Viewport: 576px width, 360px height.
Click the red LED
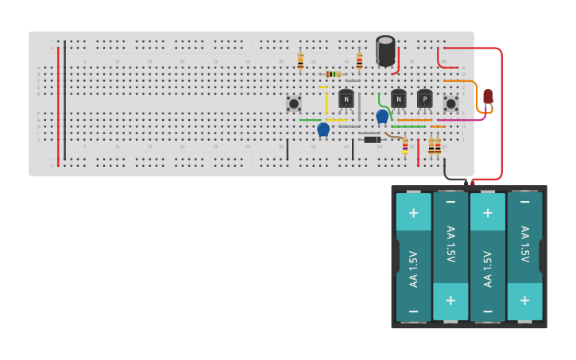tap(488, 97)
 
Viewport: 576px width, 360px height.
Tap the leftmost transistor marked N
tap(346, 99)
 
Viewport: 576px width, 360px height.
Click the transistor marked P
tap(425, 99)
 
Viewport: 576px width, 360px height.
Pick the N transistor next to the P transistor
tap(398, 99)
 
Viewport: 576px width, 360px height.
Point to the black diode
tap(371, 140)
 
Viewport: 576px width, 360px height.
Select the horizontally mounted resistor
tap(334, 74)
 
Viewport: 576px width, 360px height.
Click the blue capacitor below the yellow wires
tap(323, 129)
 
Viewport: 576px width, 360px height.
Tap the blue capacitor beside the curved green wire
tap(382, 116)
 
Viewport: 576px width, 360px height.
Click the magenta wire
tap(461, 120)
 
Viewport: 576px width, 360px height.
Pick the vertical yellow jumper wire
tap(326, 103)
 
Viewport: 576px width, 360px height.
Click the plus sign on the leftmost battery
tap(413, 213)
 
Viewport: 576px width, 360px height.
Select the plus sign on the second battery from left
tap(450, 300)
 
